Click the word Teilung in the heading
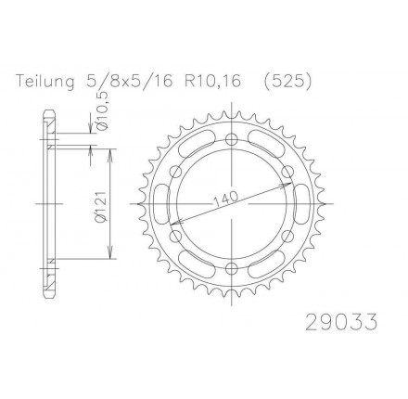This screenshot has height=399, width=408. pos(45,82)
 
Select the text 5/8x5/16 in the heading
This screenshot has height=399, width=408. pos(127,82)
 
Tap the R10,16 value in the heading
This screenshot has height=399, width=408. pos(212,82)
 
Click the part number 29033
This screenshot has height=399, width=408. pos(341,322)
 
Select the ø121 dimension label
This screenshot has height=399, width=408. pos(101,207)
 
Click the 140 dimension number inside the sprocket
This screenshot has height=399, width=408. pos(226,199)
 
